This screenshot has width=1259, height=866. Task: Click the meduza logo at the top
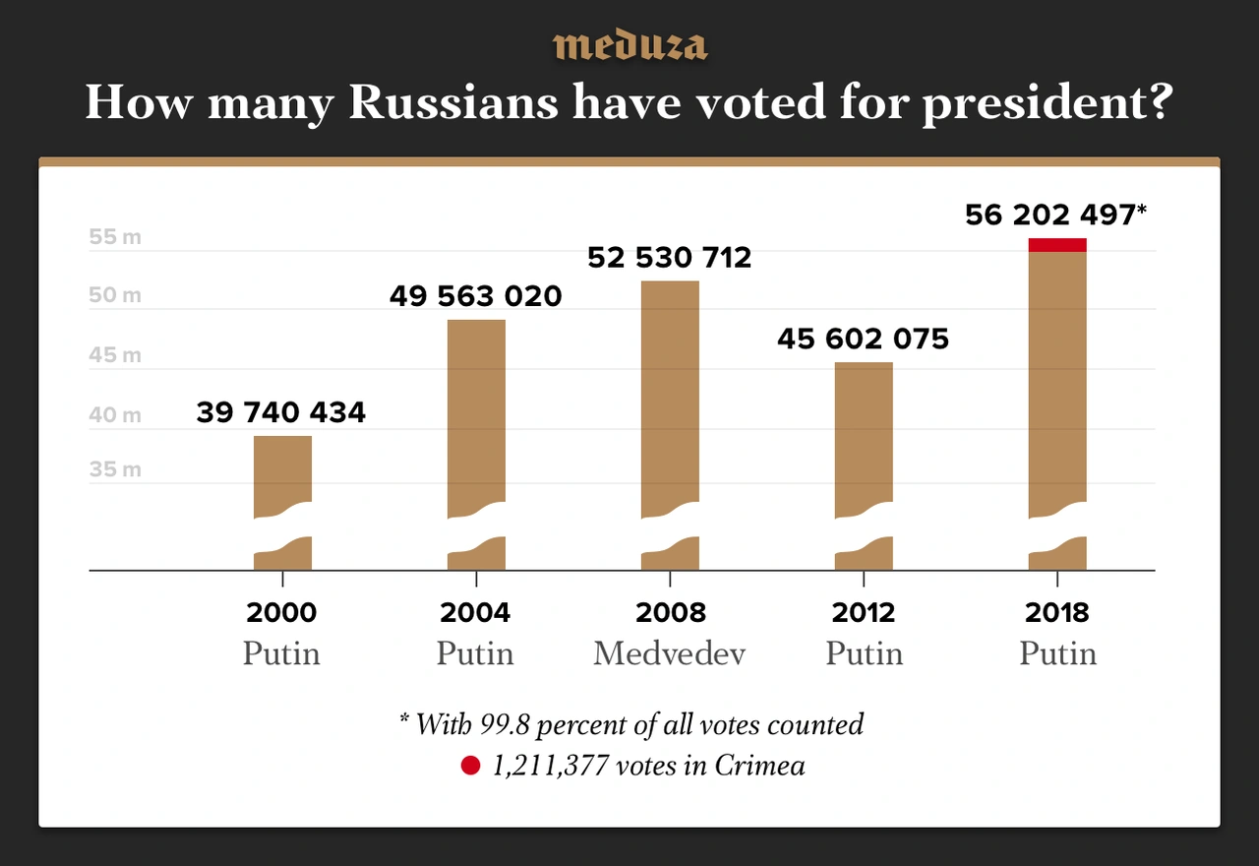tap(629, 45)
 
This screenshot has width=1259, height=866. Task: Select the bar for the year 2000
tap(282, 472)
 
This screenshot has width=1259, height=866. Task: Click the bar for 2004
tap(476, 413)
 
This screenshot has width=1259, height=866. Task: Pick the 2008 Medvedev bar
tap(670, 394)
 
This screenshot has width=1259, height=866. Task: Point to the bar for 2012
tap(864, 433)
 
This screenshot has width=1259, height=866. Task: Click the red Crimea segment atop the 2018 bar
tap(1057, 245)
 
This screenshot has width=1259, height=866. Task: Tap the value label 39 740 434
tap(280, 412)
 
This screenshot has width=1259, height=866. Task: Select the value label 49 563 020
tap(476, 296)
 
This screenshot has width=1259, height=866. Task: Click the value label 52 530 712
tap(669, 258)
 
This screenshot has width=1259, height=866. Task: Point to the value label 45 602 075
tap(863, 340)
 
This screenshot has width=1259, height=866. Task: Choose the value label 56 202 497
tap(1050, 216)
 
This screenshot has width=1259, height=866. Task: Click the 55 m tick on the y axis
tap(115, 237)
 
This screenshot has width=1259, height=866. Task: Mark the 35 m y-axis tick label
tap(115, 469)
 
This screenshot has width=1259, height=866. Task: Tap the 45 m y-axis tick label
tap(115, 355)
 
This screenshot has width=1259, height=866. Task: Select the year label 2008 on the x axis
tap(670, 613)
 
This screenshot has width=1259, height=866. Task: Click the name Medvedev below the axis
tap(669, 653)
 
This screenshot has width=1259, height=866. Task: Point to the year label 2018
tap(1057, 613)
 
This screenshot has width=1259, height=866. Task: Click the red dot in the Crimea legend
tap(470, 766)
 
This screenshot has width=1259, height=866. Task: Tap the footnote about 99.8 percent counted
tap(630, 725)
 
